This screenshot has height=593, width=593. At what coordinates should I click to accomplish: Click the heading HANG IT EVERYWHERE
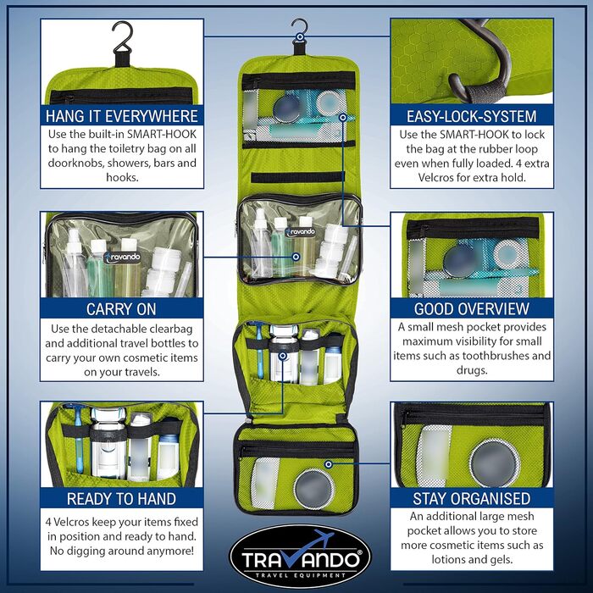click(122, 116)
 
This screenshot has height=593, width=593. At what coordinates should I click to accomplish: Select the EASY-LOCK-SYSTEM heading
click(472, 116)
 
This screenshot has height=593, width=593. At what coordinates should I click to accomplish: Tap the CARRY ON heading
click(121, 309)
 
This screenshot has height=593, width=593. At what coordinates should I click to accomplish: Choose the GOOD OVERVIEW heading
click(472, 308)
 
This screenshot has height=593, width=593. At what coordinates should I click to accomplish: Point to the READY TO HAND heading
click(121, 499)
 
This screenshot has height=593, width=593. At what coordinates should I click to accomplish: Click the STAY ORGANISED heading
click(472, 498)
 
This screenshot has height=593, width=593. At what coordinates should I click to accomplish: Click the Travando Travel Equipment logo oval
click(301, 557)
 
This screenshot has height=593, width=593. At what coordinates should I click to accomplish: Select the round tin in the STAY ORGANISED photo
click(494, 463)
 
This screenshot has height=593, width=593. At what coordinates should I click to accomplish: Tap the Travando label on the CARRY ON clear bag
click(121, 258)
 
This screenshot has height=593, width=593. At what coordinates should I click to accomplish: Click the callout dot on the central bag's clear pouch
click(296, 257)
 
